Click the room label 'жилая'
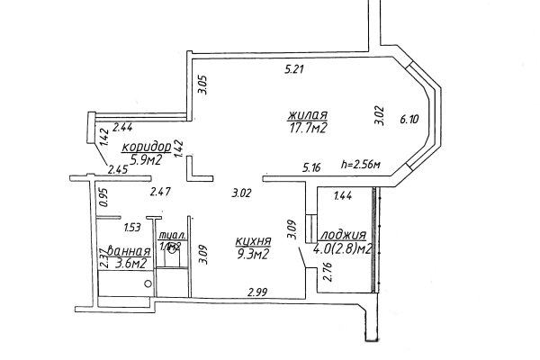coord(308,115)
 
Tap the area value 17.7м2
coord(307,129)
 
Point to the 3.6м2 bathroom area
coord(128,264)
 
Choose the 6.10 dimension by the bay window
coord(409,117)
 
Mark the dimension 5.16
coord(312,166)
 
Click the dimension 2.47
coord(159,192)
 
